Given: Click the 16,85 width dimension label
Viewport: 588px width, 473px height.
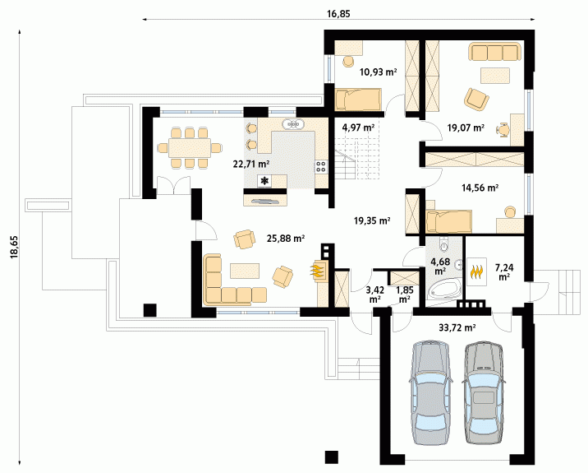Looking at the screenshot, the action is tap(338, 14).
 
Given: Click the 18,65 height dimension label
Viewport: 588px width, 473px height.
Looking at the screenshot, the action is tap(15, 247).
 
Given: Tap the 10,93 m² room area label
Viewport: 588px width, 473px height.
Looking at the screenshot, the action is tap(378, 72).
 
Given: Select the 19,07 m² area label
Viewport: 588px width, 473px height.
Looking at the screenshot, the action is tap(466, 128).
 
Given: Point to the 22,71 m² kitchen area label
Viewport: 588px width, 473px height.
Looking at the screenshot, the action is tap(251, 164).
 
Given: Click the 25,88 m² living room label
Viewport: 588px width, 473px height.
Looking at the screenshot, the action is tap(285, 239).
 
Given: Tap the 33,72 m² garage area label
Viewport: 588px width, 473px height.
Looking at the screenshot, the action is tap(457, 327).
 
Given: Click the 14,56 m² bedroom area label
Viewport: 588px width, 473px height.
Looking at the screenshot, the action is tap(480, 188).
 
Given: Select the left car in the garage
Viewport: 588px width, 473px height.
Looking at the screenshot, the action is tap(430, 392).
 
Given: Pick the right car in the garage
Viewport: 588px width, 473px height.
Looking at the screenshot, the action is tap(483, 392).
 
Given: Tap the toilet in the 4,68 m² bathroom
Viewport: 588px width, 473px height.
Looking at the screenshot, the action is tap(444, 244).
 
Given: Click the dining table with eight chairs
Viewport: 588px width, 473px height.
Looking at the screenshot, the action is tap(190, 147).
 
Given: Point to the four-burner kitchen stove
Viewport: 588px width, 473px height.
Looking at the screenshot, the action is tap(321, 166).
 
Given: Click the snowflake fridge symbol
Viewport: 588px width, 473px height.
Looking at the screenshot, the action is tap(265, 181).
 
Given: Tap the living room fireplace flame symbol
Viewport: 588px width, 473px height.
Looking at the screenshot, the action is tap(316, 271).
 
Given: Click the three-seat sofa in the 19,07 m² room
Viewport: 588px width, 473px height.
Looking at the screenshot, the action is tap(494, 52).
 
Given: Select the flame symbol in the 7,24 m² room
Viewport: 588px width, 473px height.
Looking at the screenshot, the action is tap(476, 271).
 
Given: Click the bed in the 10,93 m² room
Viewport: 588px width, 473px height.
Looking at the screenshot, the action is tap(358, 100).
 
